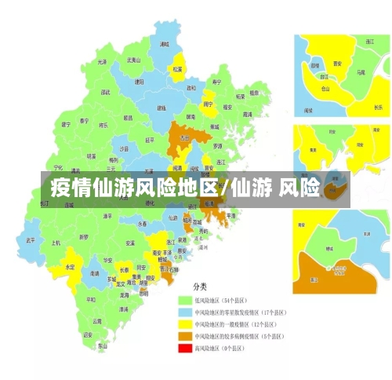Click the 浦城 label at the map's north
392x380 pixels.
pyautogui.click(x=164, y=46)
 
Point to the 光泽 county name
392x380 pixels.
pyautogui.click(x=102, y=62)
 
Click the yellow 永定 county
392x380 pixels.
pyautogui.click(x=70, y=267)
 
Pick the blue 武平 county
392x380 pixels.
pyautogui.click(x=31, y=239)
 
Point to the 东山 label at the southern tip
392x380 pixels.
pyautogui.click(x=102, y=345)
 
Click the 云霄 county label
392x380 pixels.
pyautogui.click(x=97, y=320)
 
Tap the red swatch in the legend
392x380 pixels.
pyautogui.click(x=185, y=348)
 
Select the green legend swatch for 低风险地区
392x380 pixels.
pyautogui.click(x=185, y=300)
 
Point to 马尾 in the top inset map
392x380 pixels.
pyautogui.click(x=360, y=71)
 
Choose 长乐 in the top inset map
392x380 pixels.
pyautogui.click(x=377, y=107)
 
